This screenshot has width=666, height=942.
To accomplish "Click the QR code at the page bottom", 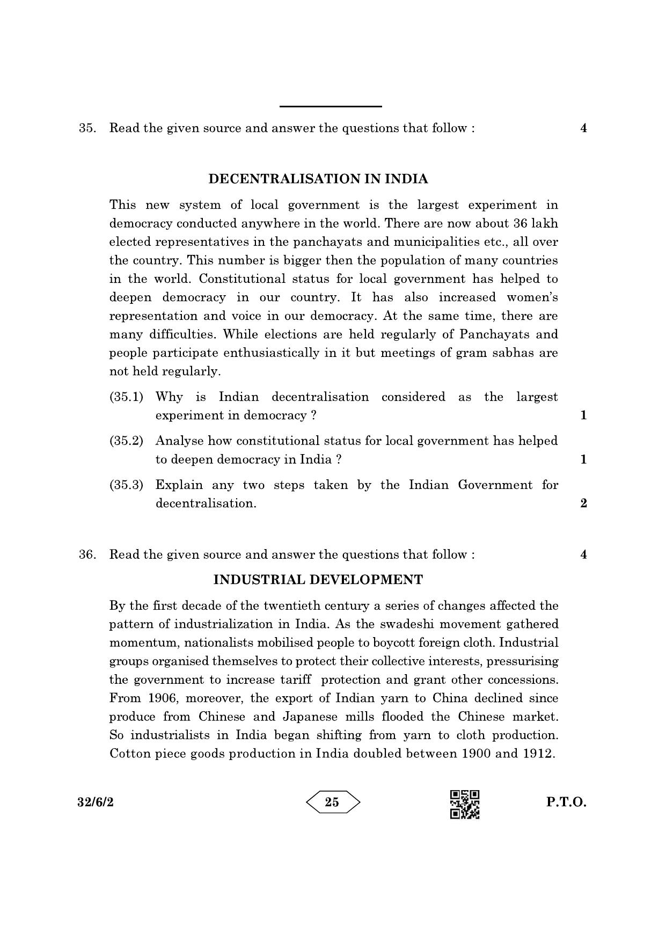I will click(464, 805).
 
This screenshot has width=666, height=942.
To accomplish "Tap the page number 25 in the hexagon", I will click(332, 802).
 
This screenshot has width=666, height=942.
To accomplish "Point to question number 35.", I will click(87, 128).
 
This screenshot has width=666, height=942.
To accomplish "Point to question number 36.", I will click(87, 555).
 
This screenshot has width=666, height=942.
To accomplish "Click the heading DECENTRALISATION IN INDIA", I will click(318, 179).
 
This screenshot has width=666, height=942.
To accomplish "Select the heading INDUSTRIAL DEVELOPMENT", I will click(318, 580).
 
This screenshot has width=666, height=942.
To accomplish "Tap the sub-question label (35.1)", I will click(126, 397).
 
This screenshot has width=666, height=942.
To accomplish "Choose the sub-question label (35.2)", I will click(126, 441).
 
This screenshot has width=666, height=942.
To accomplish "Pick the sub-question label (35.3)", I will click(126, 485).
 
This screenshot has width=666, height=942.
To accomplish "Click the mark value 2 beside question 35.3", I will click(583, 503).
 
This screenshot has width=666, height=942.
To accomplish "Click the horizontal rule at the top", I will click(331, 107).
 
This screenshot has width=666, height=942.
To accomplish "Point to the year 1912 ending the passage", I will click(537, 754).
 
